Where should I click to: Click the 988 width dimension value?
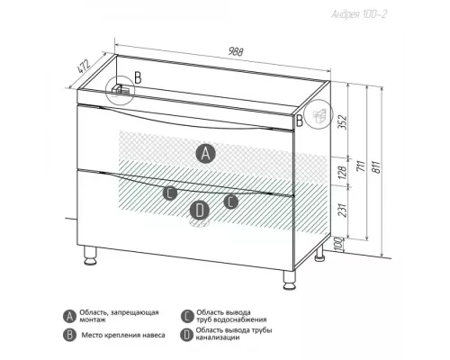(x=236, y=51)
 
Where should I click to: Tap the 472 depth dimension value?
(x=84, y=67)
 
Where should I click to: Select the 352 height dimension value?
(x=343, y=122)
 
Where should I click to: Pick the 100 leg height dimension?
(x=338, y=244)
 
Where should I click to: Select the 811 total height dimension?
(x=376, y=166)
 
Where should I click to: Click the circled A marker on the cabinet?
(x=205, y=153)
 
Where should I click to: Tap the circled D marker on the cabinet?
(x=200, y=210)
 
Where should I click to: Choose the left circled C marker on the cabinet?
(x=170, y=193)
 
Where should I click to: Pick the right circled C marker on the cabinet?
(x=231, y=202)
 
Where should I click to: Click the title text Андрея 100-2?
(x=359, y=14)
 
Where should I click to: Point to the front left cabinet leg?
(x=90, y=256)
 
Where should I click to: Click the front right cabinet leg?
(x=290, y=280)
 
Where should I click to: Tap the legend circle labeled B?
(x=69, y=335)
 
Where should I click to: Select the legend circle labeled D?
(x=186, y=335)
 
